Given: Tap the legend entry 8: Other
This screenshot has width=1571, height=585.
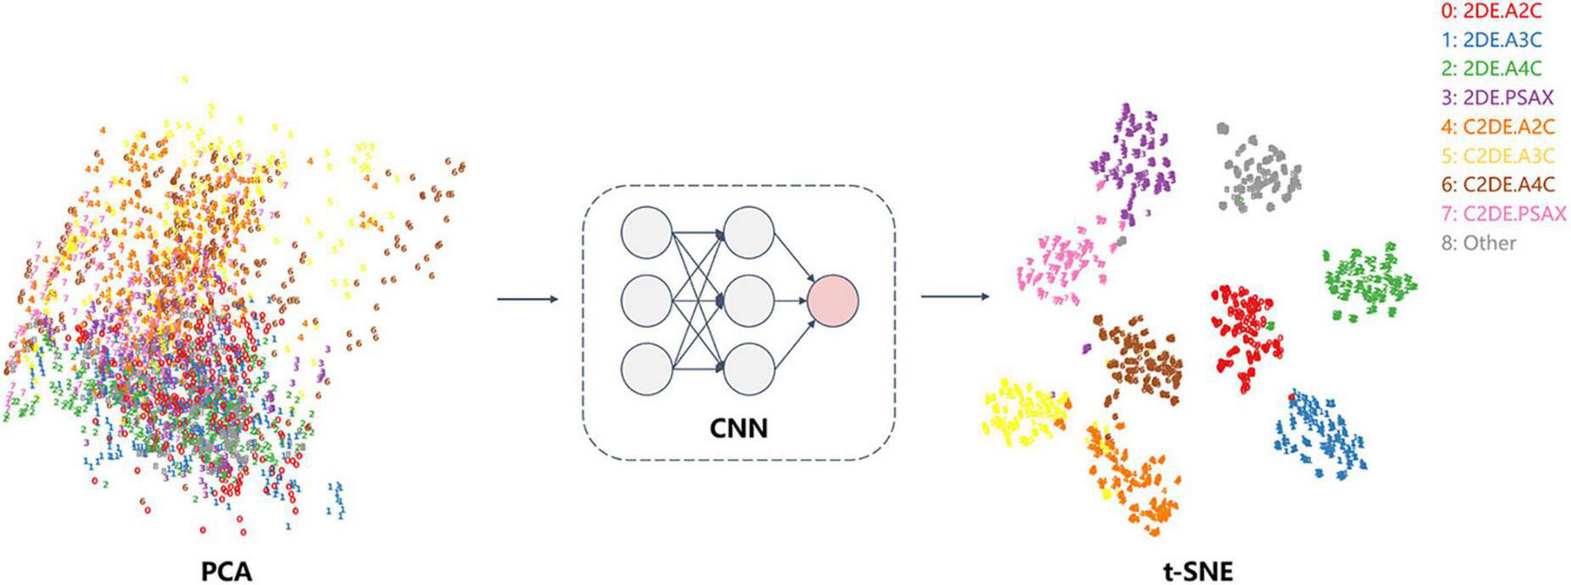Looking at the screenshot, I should (1479, 243).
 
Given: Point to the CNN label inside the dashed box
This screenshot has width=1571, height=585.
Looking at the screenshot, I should (739, 429).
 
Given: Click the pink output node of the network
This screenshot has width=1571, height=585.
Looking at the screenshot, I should (832, 300).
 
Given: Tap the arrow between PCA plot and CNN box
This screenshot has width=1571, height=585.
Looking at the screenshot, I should (528, 300).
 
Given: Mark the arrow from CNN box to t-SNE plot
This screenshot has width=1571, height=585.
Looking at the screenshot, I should (955, 296).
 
